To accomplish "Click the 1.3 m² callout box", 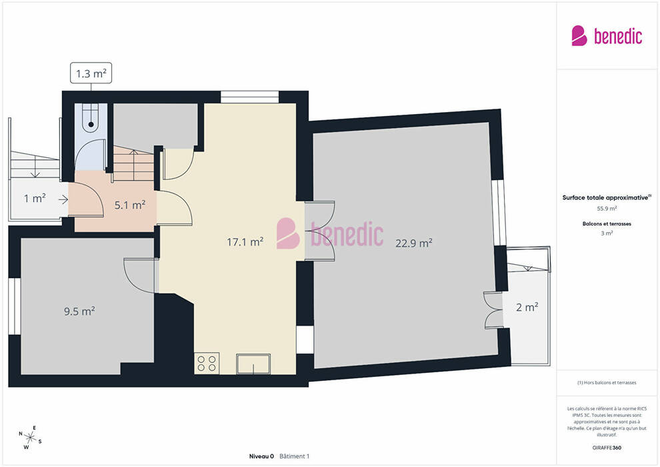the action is click(x=91, y=73).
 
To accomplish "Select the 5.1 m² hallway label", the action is click(x=130, y=205).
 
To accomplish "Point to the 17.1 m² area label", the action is click(x=245, y=242).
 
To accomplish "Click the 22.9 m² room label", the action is click(x=414, y=243).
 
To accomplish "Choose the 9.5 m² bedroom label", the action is click(x=79, y=311).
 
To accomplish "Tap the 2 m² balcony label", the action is click(x=527, y=307).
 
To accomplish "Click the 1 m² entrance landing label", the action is click(x=35, y=198).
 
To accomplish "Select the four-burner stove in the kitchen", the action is click(x=207, y=364).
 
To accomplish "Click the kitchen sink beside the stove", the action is click(x=253, y=364).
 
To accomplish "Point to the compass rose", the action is click(x=30, y=438).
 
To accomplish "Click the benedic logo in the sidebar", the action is click(x=607, y=36).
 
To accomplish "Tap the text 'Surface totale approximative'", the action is click(x=605, y=197).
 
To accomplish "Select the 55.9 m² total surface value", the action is click(x=607, y=208).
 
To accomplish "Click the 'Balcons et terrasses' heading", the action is click(x=607, y=223).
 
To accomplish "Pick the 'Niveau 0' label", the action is click(x=261, y=456).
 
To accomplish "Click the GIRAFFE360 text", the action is click(x=607, y=448).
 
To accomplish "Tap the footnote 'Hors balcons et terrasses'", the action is click(x=609, y=382).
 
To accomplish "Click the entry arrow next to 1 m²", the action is click(x=63, y=199).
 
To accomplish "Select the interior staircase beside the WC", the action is click(x=133, y=163).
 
